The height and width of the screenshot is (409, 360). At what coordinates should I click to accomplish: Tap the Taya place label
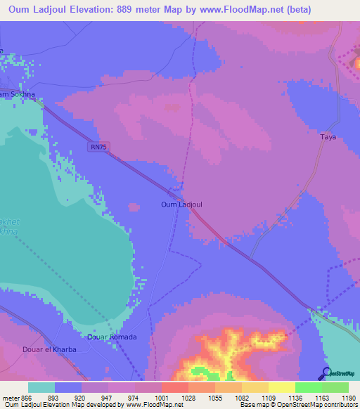[328, 138]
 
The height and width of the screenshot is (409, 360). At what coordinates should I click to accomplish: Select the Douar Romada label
[111, 337]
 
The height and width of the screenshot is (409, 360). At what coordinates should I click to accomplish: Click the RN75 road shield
[99, 147]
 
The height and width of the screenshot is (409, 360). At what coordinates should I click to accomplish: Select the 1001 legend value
[162, 397]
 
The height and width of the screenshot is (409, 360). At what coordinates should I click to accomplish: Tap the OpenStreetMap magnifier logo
[326, 372]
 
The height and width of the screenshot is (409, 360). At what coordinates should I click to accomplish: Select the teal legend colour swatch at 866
[41, 387]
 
